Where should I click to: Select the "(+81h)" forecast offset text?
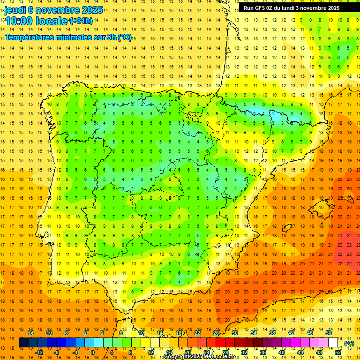click(80, 22)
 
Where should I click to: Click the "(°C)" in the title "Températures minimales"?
click(124, 37)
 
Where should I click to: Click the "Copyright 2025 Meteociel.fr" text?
click(205, 357)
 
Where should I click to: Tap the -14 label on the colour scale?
click(29, 333)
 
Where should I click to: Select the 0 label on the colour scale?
click(92, 352)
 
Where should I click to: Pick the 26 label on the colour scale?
click(216, 333)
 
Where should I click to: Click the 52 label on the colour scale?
click(338, 352)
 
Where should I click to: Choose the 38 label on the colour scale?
click(272, 333)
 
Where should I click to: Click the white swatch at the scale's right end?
click(333, 343)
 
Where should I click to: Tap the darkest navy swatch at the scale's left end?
click(23, 343)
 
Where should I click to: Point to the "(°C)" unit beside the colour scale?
click(349, 343)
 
